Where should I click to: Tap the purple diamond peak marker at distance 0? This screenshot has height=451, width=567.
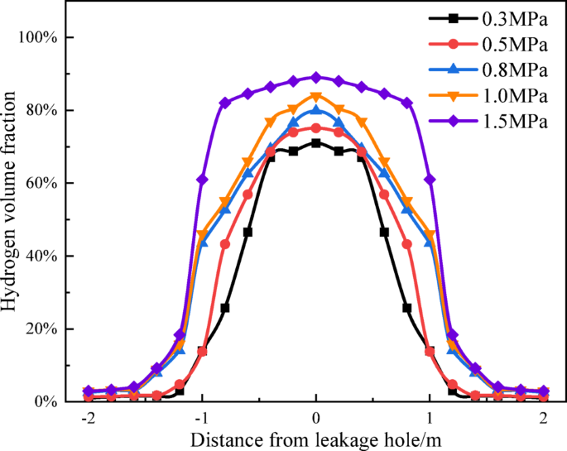315,77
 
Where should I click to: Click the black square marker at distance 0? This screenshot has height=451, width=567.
315,142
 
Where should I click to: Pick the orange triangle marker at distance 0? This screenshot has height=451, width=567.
315,96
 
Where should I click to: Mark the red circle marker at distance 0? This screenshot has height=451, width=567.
315,127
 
